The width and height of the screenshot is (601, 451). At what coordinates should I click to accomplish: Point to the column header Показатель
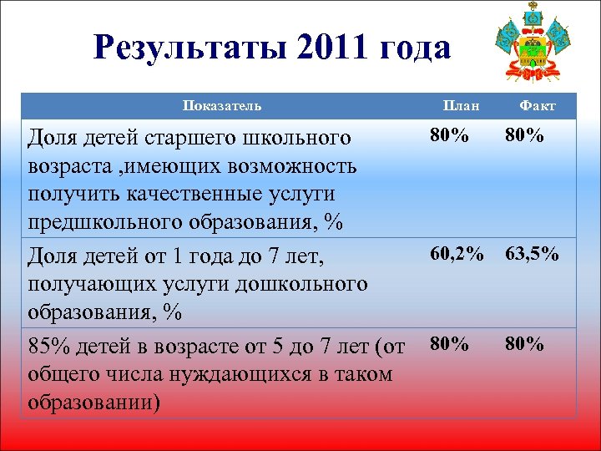coord(222,105)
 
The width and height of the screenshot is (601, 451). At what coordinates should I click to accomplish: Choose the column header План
coord(461,105)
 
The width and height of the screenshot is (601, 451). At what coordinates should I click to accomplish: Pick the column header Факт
coord(537,105)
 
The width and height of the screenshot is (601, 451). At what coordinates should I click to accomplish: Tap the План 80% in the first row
coord(449,135)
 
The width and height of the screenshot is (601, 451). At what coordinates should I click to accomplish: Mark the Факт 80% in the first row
coord(524,135)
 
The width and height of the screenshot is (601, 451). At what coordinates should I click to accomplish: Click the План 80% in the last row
coord(449,343)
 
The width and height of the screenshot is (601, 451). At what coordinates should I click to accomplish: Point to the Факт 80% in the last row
coord(524,343)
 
